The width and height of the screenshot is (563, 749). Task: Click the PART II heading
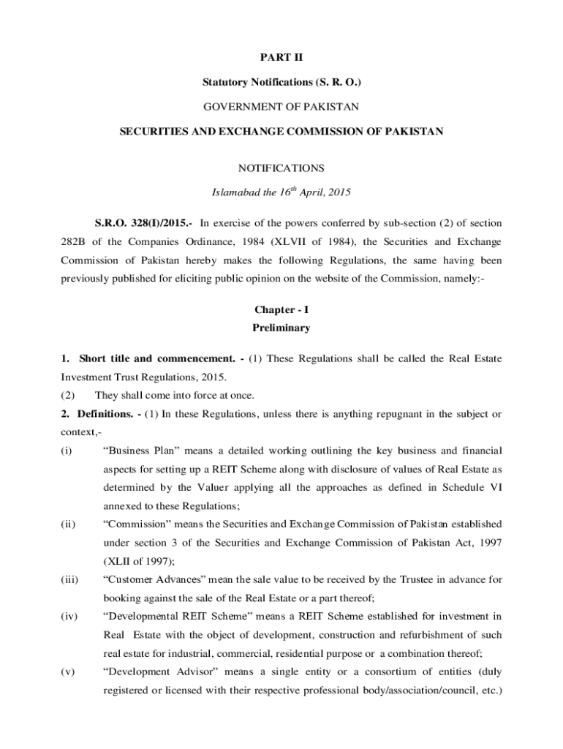281,57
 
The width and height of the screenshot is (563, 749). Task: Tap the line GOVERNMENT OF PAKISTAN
281,107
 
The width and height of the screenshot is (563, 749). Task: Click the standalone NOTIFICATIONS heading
281,168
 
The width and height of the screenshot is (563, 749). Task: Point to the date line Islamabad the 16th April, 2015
281,193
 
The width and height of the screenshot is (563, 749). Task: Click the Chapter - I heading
281,310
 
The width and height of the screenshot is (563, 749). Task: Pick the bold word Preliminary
281,328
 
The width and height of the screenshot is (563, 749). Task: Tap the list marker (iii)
70,579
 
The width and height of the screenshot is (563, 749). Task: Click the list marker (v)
69,671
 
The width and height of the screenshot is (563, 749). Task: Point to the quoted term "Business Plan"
140,451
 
